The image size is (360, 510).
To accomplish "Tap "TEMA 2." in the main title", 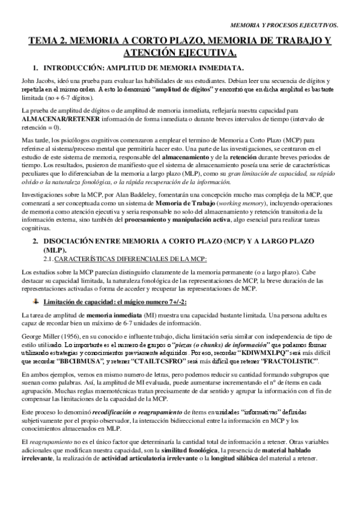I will pyautogui.click(x=49, y=41).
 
